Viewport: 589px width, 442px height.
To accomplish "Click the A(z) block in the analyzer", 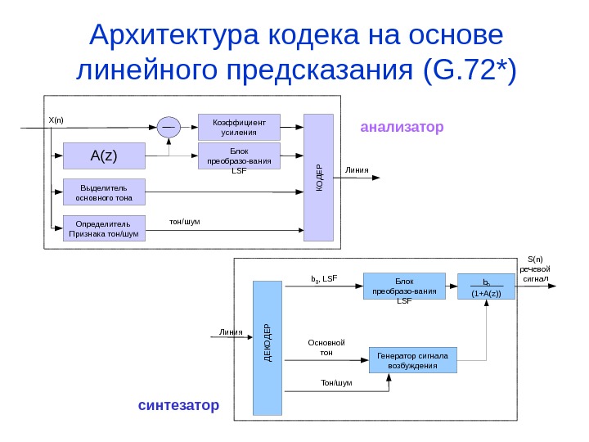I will [x=103, y=156].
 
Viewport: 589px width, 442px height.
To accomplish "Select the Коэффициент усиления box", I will [x=240, y=126].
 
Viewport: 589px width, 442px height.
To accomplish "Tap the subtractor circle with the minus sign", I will [x=169, y=128].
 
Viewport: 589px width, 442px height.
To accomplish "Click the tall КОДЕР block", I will [x=319, y=178].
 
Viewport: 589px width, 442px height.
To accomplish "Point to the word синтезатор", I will [x=178, y=405].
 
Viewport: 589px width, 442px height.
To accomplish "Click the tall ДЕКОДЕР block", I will [x=268, y=347].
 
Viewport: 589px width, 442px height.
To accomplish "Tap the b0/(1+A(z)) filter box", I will [x=487, y=287].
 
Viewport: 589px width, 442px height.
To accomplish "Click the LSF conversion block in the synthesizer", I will [x=404, y=291].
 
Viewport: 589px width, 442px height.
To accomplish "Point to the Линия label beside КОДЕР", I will [x=357, y=171].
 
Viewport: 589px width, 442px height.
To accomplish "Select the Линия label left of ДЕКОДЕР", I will [x=231, y=332].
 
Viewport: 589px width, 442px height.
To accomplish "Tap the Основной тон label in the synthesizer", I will [x=326, y=347].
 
